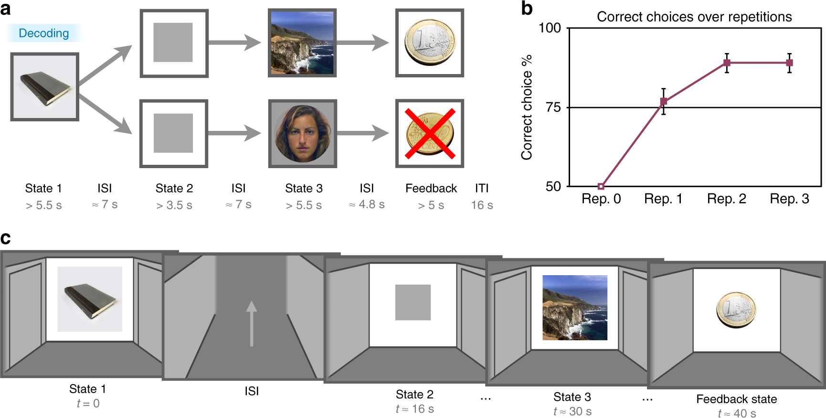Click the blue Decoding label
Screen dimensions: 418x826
tap(44, 33)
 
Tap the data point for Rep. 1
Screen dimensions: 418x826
tap(663, 101)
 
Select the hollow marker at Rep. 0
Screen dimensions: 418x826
tap(601, 186)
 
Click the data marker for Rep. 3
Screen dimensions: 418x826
tap(789, 63)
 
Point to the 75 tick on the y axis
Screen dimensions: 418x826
tap(553, 107)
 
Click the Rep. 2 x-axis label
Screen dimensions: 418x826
tap(726, 199)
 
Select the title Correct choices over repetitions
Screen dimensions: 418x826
tap(694, 17)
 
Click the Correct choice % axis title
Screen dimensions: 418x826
tap(527, 107)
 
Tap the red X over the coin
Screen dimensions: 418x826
tap(430, 133)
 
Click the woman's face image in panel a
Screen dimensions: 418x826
tap(302, 133)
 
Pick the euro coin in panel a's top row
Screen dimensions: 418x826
tap(430, 43)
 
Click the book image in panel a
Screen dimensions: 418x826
tap(45, 87)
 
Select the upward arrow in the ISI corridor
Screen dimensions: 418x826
tap(252, 323)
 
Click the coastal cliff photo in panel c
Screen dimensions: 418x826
tap(575, 308)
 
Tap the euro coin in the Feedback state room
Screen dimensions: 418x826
tap(736, 310)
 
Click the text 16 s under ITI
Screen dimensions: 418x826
tap(482, 205)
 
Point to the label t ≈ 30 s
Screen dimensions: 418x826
tap(572, 411)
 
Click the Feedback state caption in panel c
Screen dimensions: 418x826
tap(736, 399)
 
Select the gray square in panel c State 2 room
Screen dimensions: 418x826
tap(413, 302)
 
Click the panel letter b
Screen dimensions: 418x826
tap(527, 9)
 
